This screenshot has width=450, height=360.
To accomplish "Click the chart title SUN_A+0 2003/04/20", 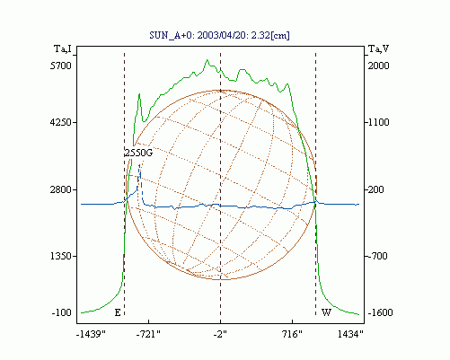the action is pos(219,35).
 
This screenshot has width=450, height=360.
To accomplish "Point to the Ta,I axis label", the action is pos(63,48).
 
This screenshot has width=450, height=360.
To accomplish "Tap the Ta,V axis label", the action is pos(378,48).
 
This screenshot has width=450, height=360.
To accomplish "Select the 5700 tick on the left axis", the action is pos(61,66).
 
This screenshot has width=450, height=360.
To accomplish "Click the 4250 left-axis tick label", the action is pos(61,122).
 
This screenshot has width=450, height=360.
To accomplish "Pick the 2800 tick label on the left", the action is pos(61,189).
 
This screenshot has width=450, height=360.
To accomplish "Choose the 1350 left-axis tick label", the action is pos(61,256).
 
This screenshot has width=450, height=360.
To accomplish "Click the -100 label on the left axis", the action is pos(62,312).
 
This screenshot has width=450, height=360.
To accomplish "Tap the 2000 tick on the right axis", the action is pos(378,66).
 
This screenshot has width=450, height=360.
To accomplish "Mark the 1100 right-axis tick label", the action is pos(378,122).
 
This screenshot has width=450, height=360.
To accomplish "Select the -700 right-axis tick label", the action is pos(377,256).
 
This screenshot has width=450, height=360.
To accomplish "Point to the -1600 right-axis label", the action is pos(380,312).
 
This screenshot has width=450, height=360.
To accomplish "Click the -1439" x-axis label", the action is pos(91,334).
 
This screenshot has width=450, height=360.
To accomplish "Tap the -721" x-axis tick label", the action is pos(148,334).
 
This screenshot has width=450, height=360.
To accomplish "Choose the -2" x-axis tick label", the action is pos(220,334).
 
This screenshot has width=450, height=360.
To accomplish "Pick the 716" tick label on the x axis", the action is pos(292,334).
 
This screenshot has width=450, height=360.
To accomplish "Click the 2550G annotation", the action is pos(138,153).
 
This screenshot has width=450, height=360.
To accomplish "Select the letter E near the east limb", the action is pos(118,312).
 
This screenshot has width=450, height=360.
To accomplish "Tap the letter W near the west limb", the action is pos(326,312).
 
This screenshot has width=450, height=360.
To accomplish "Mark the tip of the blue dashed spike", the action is pos(139,164).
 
